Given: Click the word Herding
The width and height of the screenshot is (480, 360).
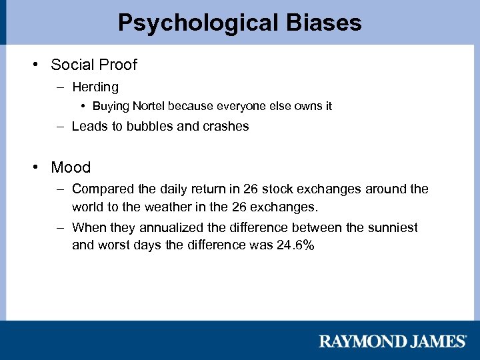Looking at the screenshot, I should click(95, 87).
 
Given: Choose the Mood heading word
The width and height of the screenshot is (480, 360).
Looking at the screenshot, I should click(71, 167).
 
